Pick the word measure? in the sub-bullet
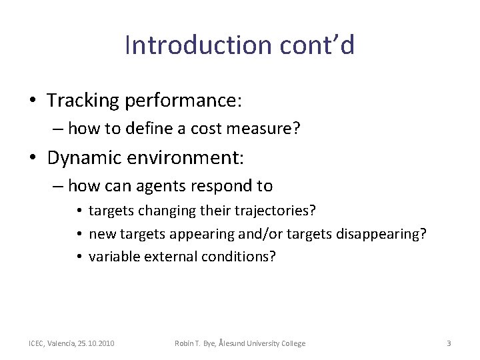[271, 129]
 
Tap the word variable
[113, 256]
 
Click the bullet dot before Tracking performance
[33, 101]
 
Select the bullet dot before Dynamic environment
[33, 159]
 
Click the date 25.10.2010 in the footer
[96, 343]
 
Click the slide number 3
[449, 343]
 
